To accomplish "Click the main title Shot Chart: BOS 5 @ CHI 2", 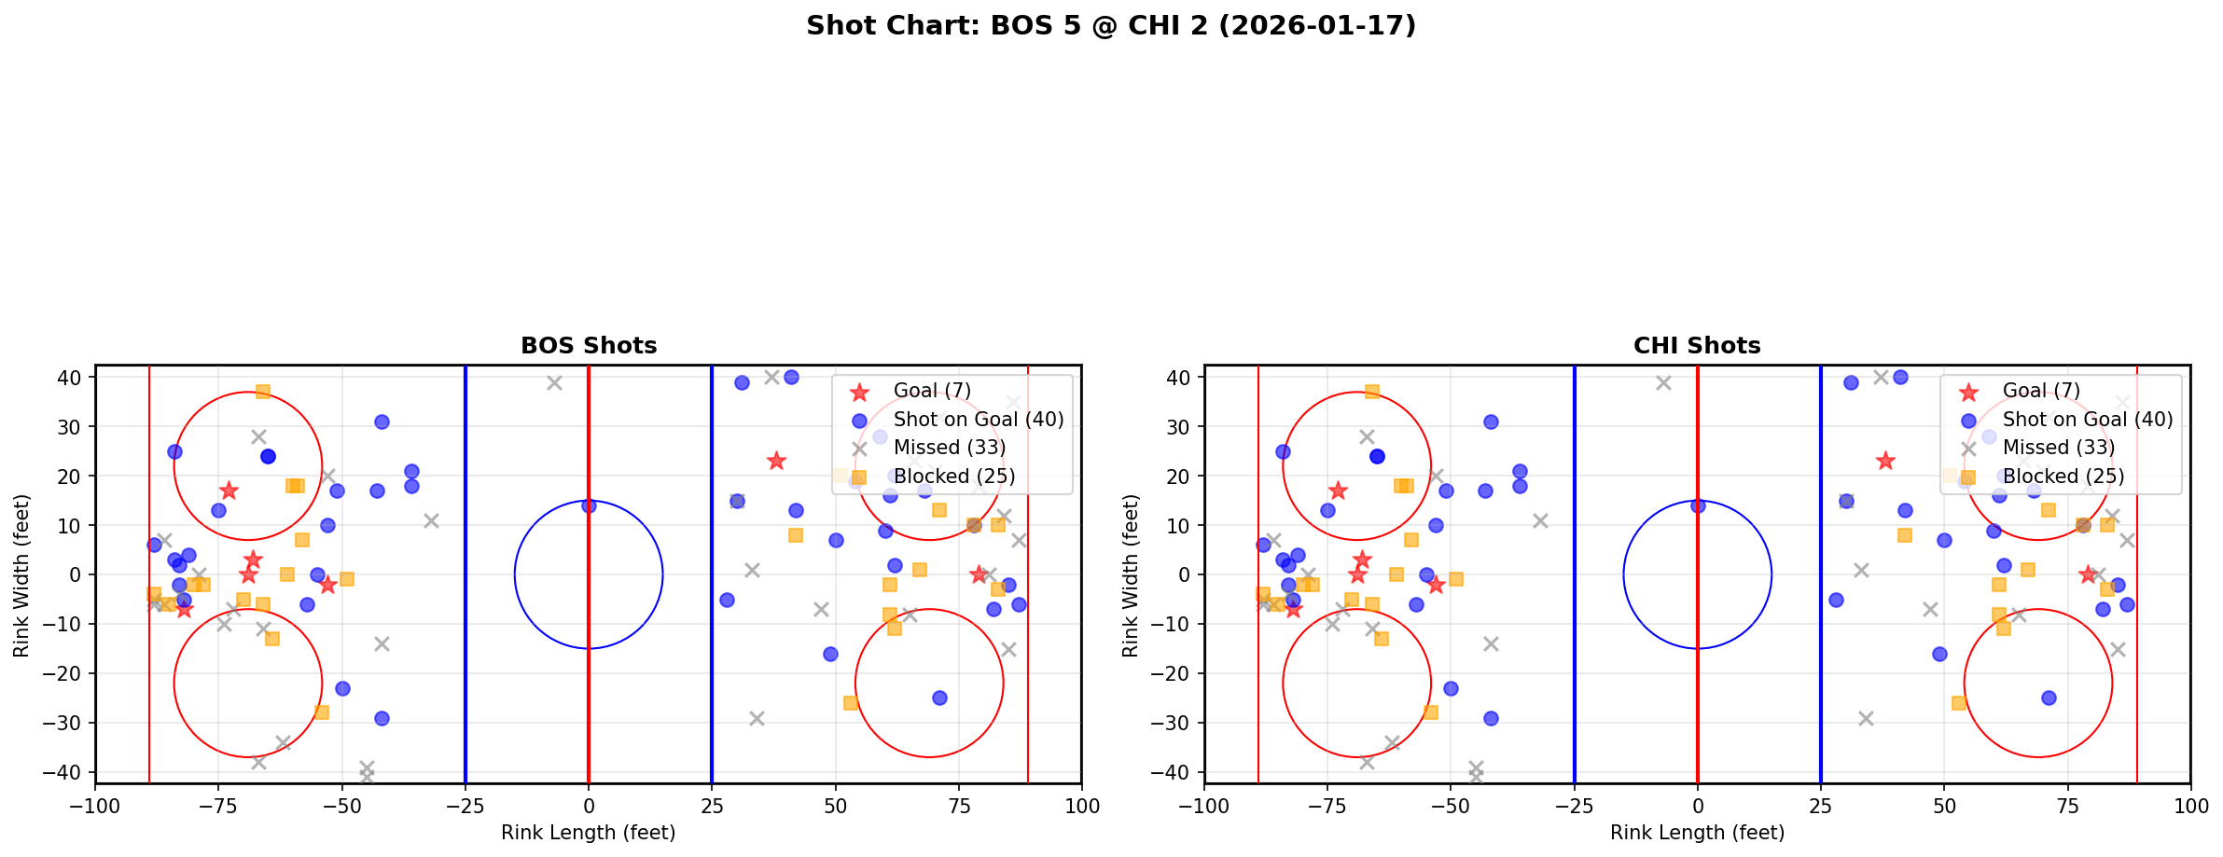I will pos(1110,25).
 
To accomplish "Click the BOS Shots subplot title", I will pos(589,346).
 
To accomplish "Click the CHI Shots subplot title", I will pos(1697,346).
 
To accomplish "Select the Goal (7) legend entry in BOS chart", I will pos(931,391).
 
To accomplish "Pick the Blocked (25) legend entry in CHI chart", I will pos(2063,477).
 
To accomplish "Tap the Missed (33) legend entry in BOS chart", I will pos(949,448).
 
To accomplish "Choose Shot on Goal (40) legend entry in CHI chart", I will pos(2087,420).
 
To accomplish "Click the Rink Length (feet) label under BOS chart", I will pos(589,833).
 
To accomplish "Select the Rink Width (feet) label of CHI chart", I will pos(1131,575).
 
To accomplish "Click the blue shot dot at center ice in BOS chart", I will pos(589,505).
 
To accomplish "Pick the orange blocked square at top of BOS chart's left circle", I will pos(263,392).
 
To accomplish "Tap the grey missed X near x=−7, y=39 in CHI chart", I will pos(1663,382).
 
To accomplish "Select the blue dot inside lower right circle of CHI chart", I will pos(2049,698).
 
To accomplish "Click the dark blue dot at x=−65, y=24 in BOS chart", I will pos(268,456).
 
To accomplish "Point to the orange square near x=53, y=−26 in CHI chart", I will pos(1959,702).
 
